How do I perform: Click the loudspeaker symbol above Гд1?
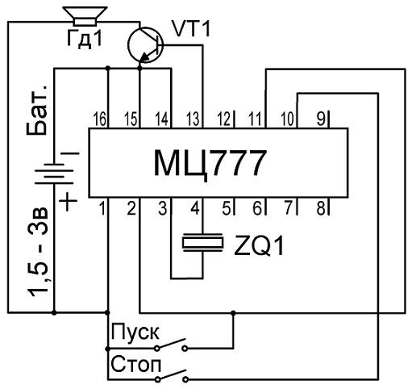[x=85, y=16]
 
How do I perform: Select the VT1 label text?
[x=191, y=28]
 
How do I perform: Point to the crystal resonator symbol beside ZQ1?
[x=203, y=242]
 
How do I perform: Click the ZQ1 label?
[x=259, y=245]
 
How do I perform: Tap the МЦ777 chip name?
[x=210, y=163]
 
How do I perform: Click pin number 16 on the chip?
[x=100, y=119]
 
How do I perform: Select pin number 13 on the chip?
[x=193, y=119]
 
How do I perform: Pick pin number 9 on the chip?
[x=321, y=119]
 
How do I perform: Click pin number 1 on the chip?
[x=102, y=208]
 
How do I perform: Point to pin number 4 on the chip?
[x=195, y=208]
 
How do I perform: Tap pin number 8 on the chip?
[x=321, y=208]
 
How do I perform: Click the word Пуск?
[x=135, y=333]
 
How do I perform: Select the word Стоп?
[x=135, y=365]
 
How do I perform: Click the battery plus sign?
[x=68, y=201]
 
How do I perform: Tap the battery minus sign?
[x=70, y=153]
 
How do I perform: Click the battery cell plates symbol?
[x=54, y=174]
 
